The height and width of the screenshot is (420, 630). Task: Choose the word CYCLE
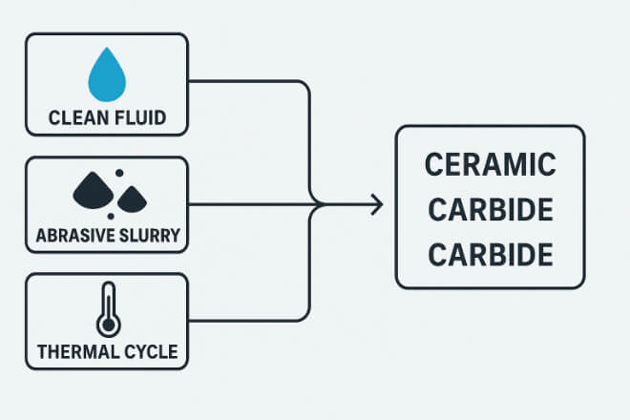pyautogui.click(x=149, y=351)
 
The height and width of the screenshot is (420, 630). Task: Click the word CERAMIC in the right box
pyautogui.click(x=490, y=164)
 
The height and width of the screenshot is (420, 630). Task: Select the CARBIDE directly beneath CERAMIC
pyautogui.click(x=490, y=210)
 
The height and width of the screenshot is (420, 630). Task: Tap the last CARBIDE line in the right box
pyautogui.click(x=490, y=255)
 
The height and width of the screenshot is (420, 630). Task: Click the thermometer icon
pyautogui.click(x=106, y=308)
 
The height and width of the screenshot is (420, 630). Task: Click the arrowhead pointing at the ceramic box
pyautogui.click(x=378, y=203)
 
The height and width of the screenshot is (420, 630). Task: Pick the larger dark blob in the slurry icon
pyautogui.click(x=93, y=191)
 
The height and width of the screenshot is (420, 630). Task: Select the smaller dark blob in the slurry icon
pyautogui.click(x=130, y=199)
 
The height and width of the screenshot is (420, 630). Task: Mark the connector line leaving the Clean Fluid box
pyautogui.click(x=248, y=81)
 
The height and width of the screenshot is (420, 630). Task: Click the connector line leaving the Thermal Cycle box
pyautogui.click(x=248, y=321)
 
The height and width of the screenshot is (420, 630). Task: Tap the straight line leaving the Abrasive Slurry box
pyautogui.click(x=248, y=203)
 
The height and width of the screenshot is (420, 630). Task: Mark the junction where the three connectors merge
pyautogui.click(x=316, y=203)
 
